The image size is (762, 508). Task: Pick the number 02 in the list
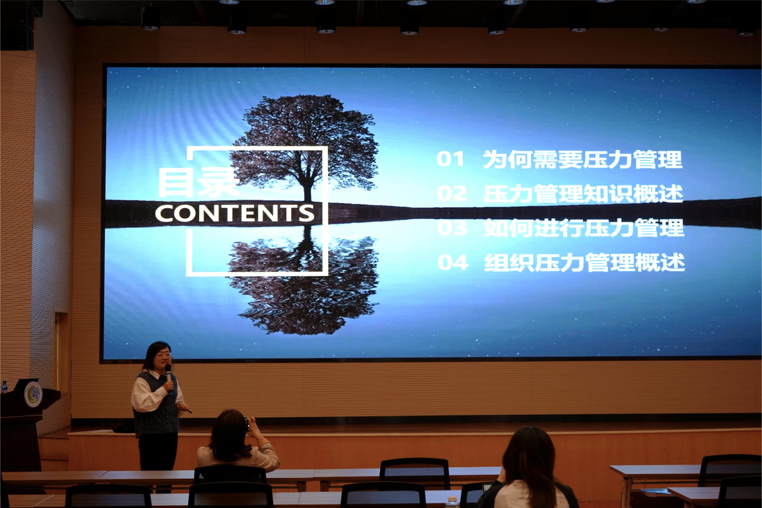point(452,193)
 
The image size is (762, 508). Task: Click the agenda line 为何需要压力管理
point(583,159)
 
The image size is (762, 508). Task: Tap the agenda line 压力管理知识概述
point(583,194)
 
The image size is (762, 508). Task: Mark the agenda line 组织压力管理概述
point(584,262)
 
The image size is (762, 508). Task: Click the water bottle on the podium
point(4,387)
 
